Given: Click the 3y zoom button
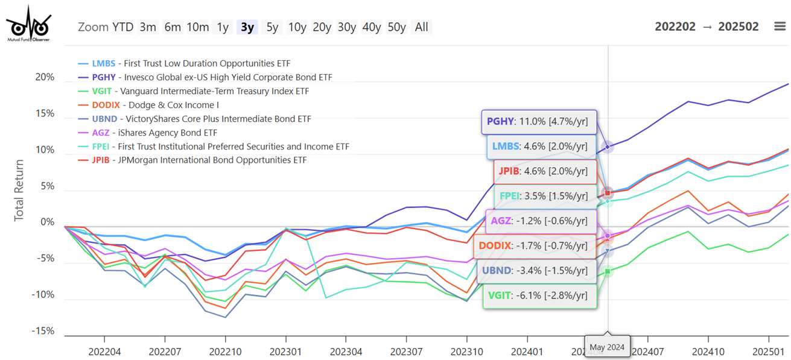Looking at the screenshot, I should click(x=247, y=27).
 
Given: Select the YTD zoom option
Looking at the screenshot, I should click(x=122, y=27).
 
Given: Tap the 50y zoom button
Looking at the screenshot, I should click(x=396, y=27).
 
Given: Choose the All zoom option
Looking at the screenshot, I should click(x=422, y=27).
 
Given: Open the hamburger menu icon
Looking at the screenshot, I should click(x=780, y=27).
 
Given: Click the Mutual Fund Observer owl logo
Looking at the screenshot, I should click(x=28, y=24).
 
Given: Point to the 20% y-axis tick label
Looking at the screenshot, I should click(x=45, y=77).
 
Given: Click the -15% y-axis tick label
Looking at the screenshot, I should click(x=43, y=331).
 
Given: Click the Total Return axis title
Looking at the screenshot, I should click(x=19, y=190).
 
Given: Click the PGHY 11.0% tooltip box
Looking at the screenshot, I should click(x=538, y=122).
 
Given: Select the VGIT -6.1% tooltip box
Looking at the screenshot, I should click(x=540, y=295).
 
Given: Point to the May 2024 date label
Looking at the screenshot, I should click(x=608, y=347).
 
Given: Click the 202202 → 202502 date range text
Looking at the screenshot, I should click(x=707, y=27).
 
